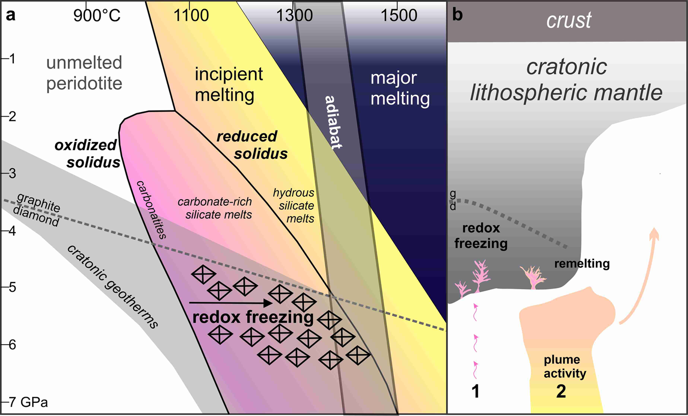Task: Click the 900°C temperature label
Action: coord(97,16)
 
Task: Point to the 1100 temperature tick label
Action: coord(190,16)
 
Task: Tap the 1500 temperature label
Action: coord(398,16)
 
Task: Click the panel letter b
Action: coord(457,15)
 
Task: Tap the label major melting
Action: coord(400,89)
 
